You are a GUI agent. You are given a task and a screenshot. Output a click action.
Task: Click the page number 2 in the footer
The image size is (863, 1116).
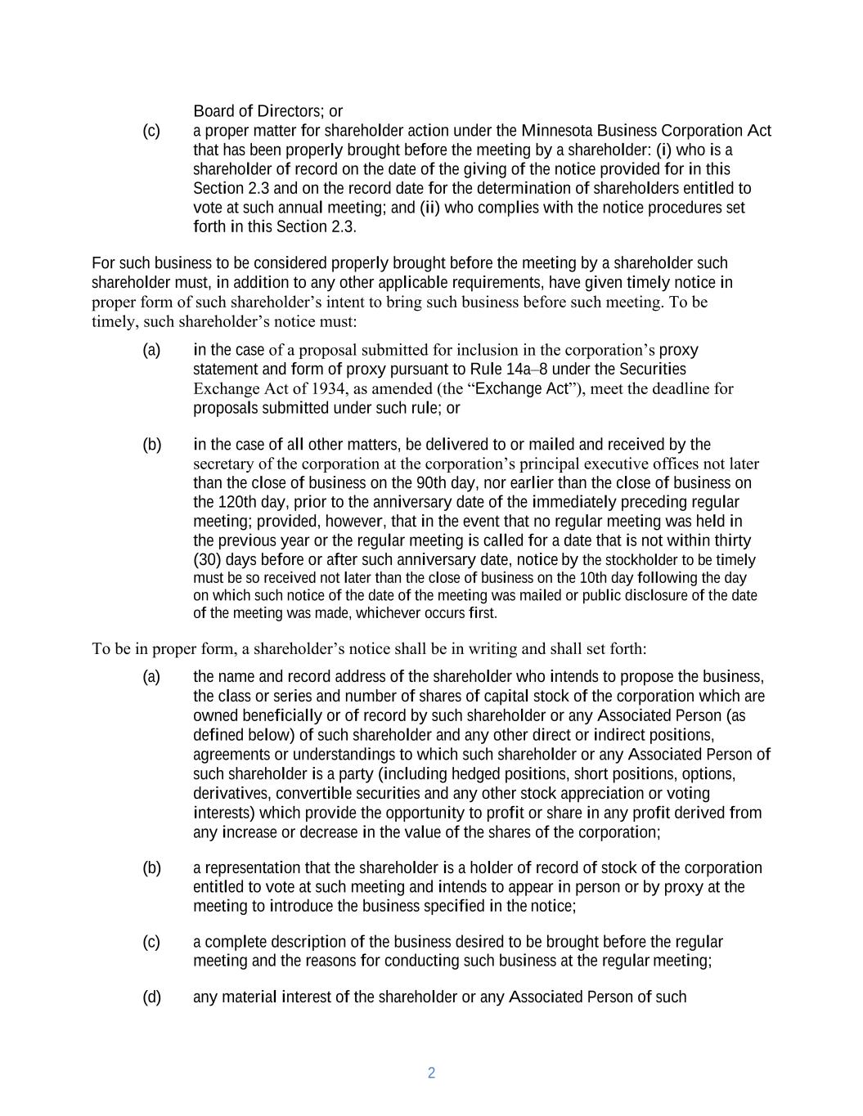click(431, 1073)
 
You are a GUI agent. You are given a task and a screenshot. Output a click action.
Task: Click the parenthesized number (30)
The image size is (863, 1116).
click(209, 560)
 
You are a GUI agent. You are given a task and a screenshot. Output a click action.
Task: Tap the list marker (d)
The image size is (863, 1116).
click(151, 997)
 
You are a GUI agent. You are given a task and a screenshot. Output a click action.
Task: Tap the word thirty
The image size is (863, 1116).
click(733, 540)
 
